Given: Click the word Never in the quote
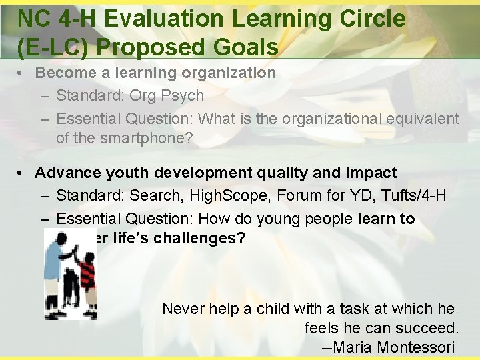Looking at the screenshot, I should (x=183, y=308).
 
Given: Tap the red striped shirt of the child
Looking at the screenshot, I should (x=87, y=273).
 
